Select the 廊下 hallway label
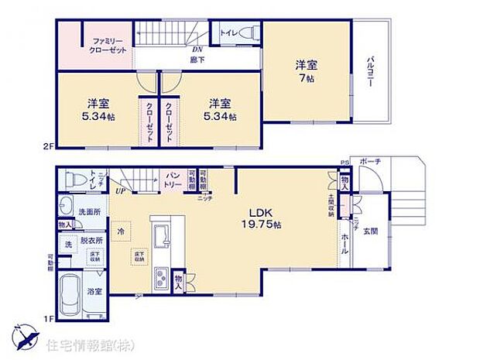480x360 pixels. click(x=197, y=59)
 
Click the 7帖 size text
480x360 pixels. click(x=308, y=77)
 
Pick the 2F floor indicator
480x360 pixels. click(x=49, y=144)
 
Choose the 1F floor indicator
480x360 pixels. click(x=49, y=317)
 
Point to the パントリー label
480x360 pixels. click(x=173, y=181)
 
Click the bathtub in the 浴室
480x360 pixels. click(x=72, y=297)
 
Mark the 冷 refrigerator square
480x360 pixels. click(x=121, y=231)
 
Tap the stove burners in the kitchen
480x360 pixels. click(x=162, y=276)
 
